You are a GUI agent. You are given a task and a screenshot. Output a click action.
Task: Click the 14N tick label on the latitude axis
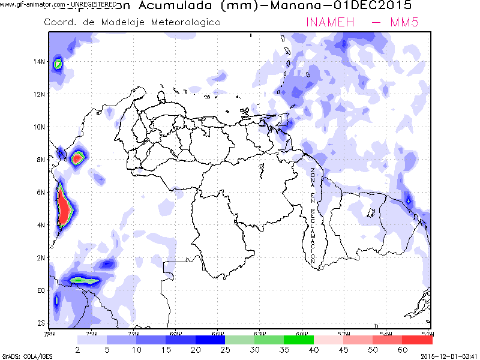pyautogui.click(x=40, y=61)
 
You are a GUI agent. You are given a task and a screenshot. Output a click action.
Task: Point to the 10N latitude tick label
pyautogui.click(x=40, y=127)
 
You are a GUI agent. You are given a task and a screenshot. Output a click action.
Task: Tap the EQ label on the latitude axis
pyautogui.click(x=41, y=290)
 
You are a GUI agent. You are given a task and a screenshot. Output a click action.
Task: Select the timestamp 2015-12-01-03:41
pyautogui.click(x=449, y=356)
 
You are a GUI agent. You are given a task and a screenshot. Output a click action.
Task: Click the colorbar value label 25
pyautogui.click(x=225, y=349)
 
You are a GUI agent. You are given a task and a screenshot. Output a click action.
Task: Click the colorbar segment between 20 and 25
pyautogui.click(x=210, y=340)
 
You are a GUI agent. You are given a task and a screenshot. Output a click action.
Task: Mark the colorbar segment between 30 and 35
pyautogui.click(x=269, y=340)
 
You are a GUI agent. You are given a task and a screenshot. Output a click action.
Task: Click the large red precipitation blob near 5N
pyautogui.click(x=63, y=207)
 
